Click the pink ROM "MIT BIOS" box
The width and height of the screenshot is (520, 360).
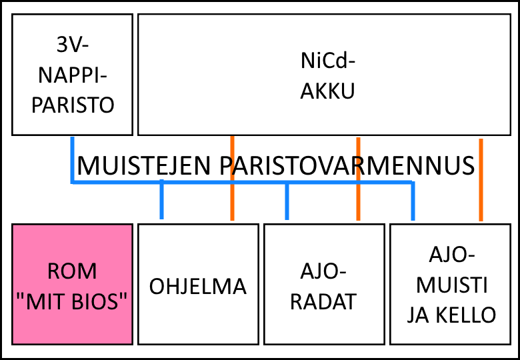(x=72, y=285)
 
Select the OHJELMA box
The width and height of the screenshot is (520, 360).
(x=198, y=285)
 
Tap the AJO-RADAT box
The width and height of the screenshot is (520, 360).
(x=325, y=285)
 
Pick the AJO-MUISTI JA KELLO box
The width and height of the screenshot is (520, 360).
(x=451, y=285)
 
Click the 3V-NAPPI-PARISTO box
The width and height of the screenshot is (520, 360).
(x=72, y=75)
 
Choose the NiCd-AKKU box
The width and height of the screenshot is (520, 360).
(x=325, y=75)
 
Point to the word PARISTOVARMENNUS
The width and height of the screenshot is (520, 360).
(x=347, y=166)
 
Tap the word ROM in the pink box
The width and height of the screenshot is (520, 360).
(x=72, y=271)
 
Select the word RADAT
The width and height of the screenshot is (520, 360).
(x=323, y=301)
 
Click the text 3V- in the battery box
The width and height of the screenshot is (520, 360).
(x=72, y=45)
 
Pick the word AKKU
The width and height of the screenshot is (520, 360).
(x=327, y=91)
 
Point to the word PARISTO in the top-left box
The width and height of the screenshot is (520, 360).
(x=73, y=106)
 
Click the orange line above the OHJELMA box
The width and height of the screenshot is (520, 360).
(x=232, y=178)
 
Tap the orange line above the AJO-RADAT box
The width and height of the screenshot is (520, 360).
(x=358, y=179)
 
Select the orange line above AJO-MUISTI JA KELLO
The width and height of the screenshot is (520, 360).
(x=481, y=180)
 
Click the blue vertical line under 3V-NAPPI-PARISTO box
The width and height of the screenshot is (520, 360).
(x=72, y=160)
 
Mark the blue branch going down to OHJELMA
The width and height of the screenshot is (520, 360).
(x=161, y=199)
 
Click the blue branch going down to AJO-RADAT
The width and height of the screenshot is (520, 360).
(x=287, y=201)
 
